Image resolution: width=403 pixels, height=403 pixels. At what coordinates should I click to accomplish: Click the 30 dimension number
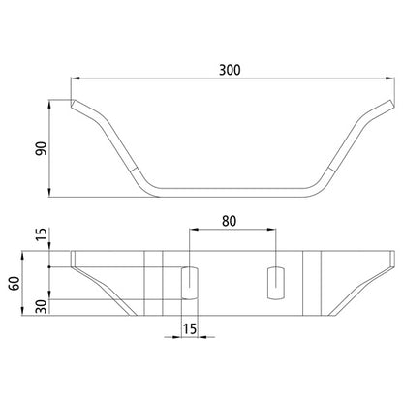40,307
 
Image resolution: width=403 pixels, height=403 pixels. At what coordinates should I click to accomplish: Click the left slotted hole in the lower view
189,280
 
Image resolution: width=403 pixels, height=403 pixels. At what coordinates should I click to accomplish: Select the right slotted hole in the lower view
274,280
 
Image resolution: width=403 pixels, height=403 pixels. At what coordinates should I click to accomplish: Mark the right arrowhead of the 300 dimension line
388,80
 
